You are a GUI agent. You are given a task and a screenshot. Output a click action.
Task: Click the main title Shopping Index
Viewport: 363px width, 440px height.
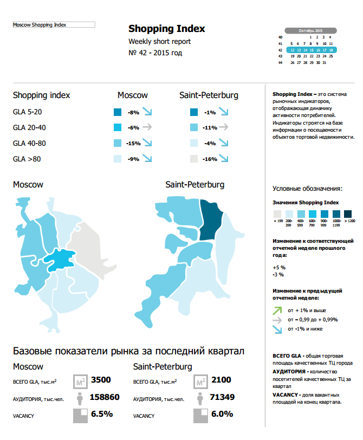click(x=167, y=29)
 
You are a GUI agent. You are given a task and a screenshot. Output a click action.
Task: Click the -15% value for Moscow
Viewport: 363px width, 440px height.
click(x=133, y=144)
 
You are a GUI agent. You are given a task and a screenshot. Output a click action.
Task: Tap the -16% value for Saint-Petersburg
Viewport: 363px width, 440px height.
click(x=209, y=159)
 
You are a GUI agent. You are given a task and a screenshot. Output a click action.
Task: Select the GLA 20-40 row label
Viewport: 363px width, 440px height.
click(x=30, y=128)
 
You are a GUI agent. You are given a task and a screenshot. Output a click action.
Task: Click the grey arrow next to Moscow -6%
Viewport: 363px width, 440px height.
click(x=147, y=128)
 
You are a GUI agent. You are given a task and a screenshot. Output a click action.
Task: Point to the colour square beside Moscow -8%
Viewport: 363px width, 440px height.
click(x=118, y=113)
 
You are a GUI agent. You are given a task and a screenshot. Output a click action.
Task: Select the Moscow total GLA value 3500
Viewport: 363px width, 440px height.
click(x=101, y=380)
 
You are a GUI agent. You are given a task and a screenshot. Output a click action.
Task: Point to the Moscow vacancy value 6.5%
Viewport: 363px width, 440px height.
click(x=102, y=414)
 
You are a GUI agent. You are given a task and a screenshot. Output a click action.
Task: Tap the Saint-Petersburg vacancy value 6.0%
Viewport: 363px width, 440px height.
click(x=222, y=414)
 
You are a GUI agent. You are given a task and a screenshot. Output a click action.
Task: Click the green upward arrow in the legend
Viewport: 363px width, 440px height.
click(x=277, y=310)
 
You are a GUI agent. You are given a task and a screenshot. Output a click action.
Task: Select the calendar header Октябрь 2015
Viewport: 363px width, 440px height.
click(x=310, y=30)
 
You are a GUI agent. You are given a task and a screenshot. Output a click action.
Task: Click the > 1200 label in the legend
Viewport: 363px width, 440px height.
click(x=348, y=221)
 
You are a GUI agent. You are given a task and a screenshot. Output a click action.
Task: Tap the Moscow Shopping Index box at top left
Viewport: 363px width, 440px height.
click(x=54, y=25)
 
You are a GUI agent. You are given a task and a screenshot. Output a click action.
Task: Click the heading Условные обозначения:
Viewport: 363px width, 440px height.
click(x=307, y=189)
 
